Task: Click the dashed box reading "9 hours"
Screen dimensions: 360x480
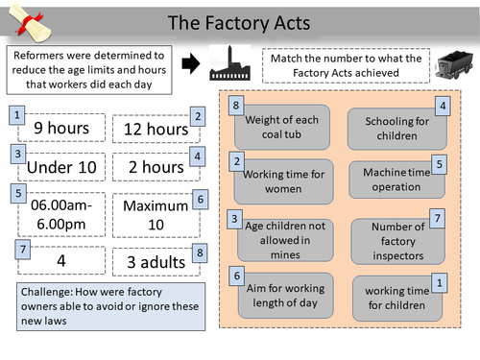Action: pos(61,127)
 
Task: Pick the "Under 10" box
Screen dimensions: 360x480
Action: pos(61,168)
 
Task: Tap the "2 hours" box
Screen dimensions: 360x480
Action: pos(155,168)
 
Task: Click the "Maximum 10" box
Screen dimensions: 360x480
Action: pos(155,214)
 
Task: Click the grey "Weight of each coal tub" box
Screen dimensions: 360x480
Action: pos(283,124)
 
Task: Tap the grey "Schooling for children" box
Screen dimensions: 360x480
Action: pos(391,128)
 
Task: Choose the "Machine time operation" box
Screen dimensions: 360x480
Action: pos(391,178)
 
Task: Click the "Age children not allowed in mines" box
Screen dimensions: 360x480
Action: pos(283,235)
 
